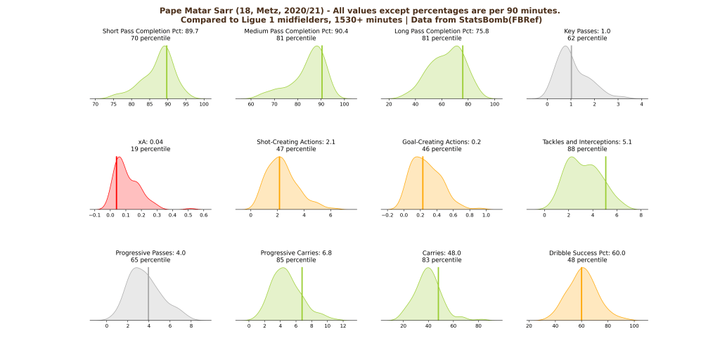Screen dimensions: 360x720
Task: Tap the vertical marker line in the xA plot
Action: click(x=117, y=183)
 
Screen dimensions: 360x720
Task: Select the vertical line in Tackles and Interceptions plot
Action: click(x=605, y=183)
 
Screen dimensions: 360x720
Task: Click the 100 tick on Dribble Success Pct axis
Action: click(x=634, y=326)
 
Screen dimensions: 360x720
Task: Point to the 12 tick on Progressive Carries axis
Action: click(x=342, y=326)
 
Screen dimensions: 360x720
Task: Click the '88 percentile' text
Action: click(x=587, y=149)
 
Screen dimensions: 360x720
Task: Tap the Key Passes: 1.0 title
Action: click(x=587, y=31)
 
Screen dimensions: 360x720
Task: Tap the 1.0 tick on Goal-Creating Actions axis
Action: click(x=486, y=215)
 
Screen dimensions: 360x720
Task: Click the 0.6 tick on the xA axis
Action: click(x=203, y=215)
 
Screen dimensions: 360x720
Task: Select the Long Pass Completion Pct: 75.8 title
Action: click(x=442, y=31)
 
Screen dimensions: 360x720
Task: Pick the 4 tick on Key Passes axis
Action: click(x=641, y=104)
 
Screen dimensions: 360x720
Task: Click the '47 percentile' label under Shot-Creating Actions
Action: click(x=296, y=149)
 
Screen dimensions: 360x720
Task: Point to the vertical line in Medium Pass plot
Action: click(x=322, y=74)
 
